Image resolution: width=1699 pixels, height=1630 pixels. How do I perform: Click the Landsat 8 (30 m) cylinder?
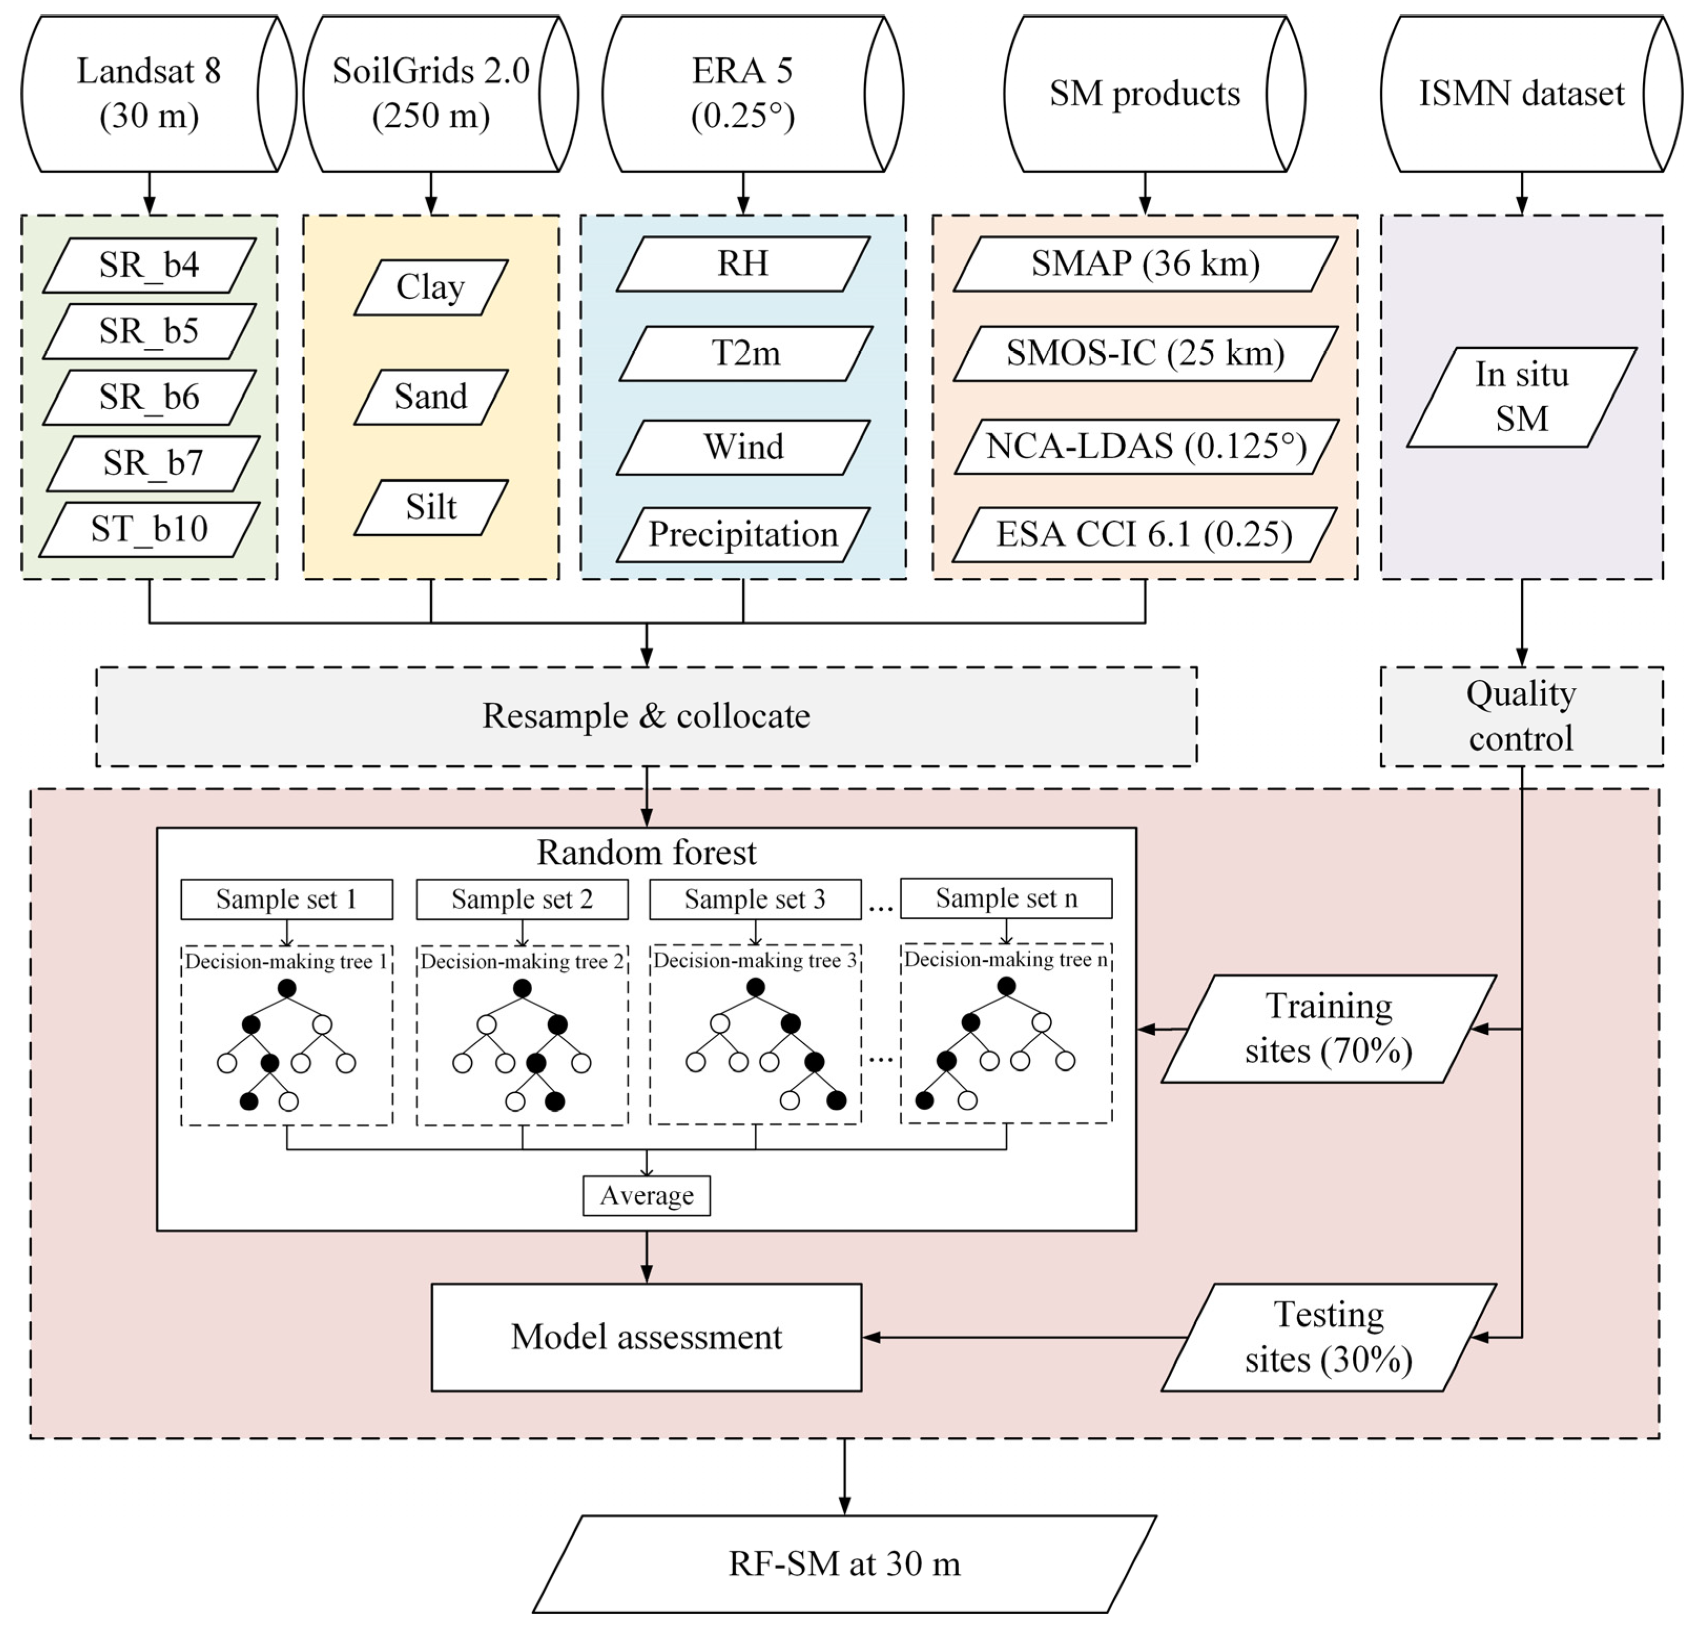[149, 94]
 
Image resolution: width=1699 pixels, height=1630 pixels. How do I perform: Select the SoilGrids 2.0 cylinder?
[431, 94]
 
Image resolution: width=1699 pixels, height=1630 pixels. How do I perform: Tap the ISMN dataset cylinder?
[1521, 94]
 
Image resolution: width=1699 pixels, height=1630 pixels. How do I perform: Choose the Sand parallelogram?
[431, 397]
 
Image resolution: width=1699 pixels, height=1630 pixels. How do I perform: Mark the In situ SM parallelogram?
[1521, 397]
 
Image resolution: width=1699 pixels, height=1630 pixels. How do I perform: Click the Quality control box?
[1521, 717]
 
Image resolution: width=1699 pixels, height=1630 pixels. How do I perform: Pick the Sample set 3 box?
[755, 899]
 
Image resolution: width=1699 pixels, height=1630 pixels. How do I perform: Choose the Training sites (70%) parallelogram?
[1328, 1029]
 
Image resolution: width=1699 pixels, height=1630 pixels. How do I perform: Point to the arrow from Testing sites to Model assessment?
[1023, 1337]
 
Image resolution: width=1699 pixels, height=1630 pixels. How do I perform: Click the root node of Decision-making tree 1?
[287, 988]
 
